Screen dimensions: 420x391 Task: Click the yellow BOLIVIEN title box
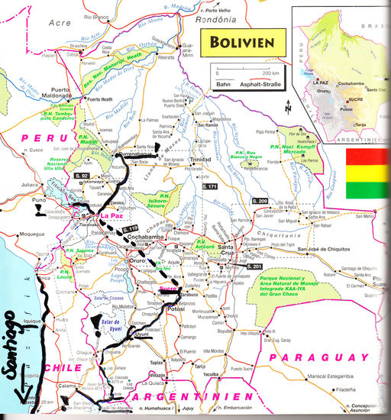click(238, 40)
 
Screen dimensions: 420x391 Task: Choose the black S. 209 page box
click(261, 199)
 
